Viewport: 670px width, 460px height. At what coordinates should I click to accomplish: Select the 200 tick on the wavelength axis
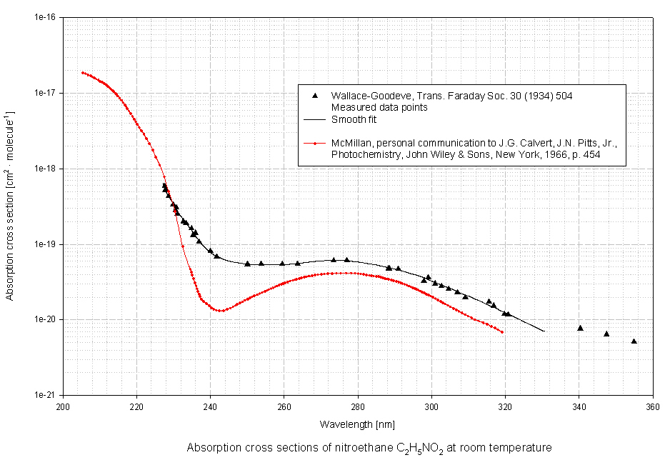(x=63, y=408)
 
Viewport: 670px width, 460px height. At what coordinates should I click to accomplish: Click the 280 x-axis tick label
(x=358, y=408)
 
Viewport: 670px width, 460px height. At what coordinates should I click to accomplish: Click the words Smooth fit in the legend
(x=350, y=120)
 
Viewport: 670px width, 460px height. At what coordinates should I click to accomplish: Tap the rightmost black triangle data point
(x=634, y=341)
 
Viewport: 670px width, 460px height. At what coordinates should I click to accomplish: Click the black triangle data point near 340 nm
(x=580, y=328)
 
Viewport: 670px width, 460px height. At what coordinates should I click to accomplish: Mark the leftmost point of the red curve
(x=83, y=73)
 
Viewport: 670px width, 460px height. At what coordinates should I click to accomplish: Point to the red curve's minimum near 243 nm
(x=221, y=311)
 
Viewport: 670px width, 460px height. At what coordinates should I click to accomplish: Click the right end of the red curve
(x=502, y=332)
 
